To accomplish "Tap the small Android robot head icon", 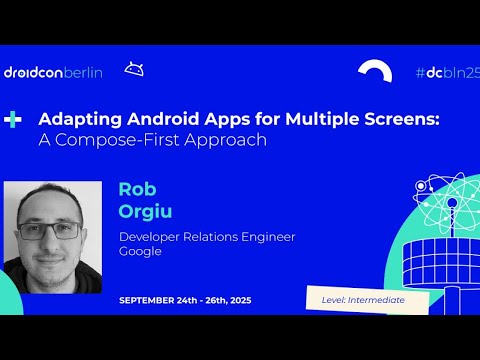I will coord(133,69).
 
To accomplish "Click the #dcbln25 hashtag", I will coord(447,72).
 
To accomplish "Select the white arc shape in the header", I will coord(376,72).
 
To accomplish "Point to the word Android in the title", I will coord(142,119).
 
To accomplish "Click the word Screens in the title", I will coord(403,119).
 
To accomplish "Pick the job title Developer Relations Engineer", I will coord(207,236).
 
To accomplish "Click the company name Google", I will coord(140,251).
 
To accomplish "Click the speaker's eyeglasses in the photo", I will coord(53,229).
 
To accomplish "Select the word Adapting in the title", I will coord(73,119).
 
